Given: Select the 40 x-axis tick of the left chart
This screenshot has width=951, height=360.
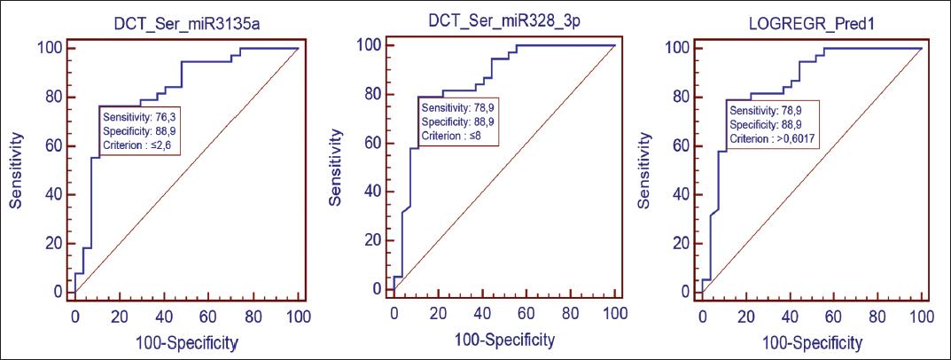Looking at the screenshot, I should point(164,316).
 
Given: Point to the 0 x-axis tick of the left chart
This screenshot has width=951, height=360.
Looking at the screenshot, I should point(74,316).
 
